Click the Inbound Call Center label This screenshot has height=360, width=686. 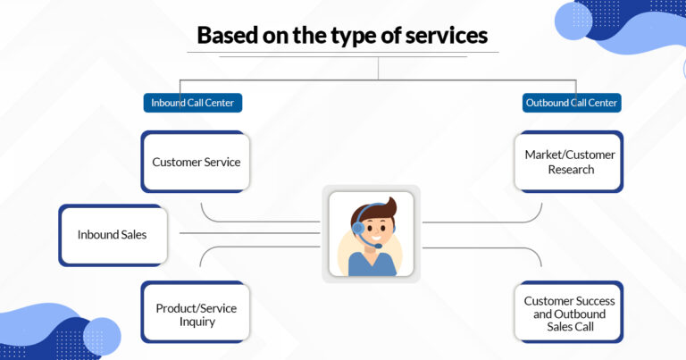[193, 103]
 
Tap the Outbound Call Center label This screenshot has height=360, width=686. [572, 103]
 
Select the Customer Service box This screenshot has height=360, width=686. [196, 162]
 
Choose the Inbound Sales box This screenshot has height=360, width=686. [113, 235]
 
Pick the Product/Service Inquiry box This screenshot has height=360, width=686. [196, 314]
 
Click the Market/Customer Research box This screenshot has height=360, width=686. [569, 162]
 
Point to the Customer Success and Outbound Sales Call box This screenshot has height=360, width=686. [569, 314]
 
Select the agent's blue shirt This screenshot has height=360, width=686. [372, 264]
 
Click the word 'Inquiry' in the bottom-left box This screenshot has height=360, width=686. [197, 322]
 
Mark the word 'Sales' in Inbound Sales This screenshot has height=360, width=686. [131, 235]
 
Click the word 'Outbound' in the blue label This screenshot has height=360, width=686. [547, 103]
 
